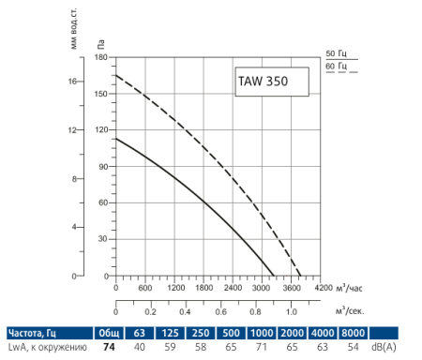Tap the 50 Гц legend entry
pyautogui.click(x=335, y=54)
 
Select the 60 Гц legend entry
pyautogui.click(x=335, y=67)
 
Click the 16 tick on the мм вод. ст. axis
pyautogui.click(x=73, y=82)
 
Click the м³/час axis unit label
pyautogui.click(x=349, y=287)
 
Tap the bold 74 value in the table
pyautogui.click(x=108, y=348)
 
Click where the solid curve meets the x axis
pyautogui.click(x=274, y=277)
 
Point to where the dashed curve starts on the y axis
pyautogui.click(x=115, y=75)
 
